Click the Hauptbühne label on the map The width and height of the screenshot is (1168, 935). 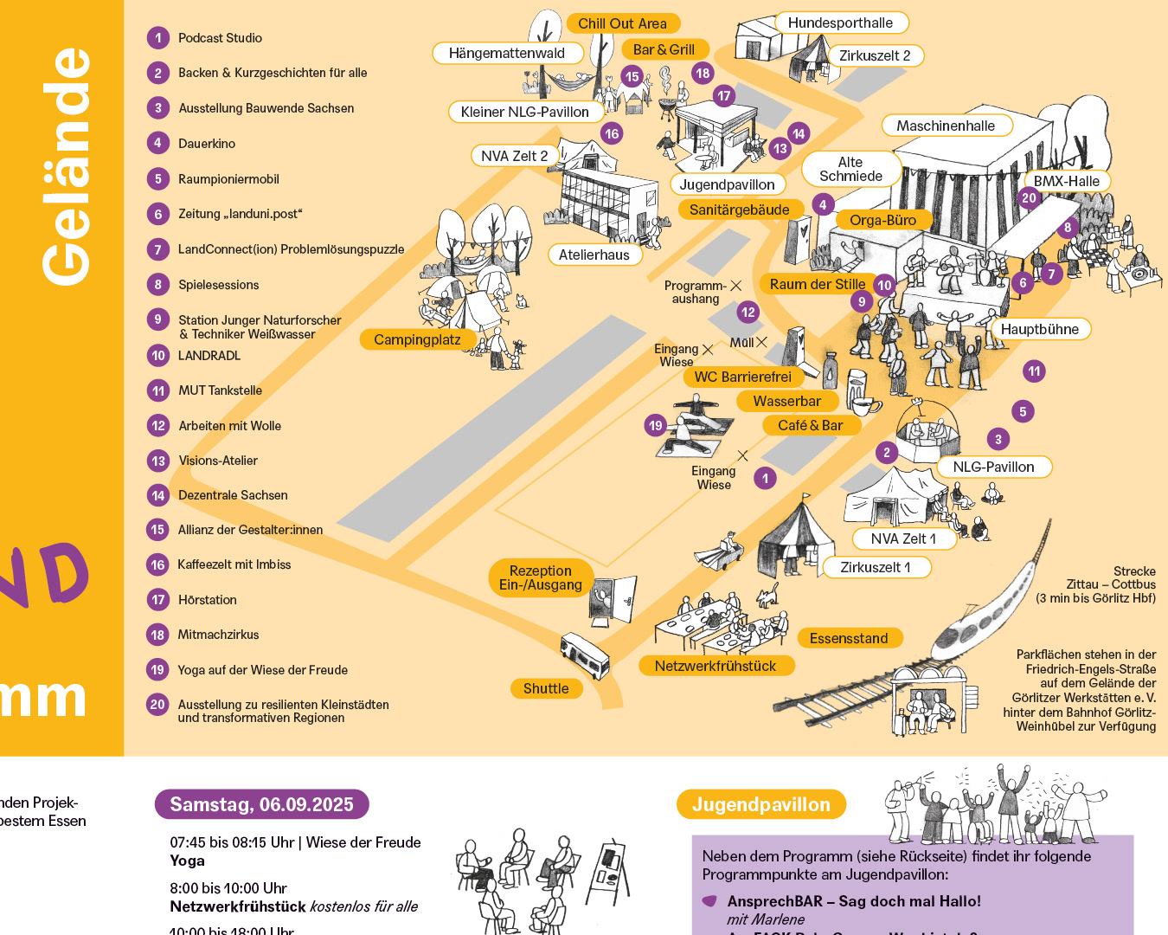(x=1039, y=329)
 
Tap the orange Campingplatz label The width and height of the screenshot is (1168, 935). (x=417, y=339)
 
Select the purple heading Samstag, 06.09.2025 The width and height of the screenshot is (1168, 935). (x=261, y=804)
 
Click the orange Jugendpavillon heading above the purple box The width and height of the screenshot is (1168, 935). (x=760, y=804)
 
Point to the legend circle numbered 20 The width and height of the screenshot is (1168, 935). (x=157, y=705)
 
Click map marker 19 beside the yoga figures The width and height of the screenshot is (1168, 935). (x=656, y=425)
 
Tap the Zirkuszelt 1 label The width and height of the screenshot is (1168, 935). (x=875, y=567)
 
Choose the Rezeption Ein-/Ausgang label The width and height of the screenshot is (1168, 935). (x=541, y=577)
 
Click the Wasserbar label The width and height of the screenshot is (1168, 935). (x=786, y=401)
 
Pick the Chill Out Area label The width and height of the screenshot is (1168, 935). (x=622, y=23)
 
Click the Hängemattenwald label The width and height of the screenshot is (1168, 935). (x=506, y=53)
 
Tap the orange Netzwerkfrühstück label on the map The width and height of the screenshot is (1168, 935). (x=715, y=666)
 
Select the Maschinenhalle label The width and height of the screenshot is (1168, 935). (x=946, y=126)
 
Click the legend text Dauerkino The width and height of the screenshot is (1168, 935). (x=207, y=144)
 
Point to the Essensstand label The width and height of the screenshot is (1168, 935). (x=848, y=638)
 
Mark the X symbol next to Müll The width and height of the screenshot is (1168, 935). (x=761, y=342)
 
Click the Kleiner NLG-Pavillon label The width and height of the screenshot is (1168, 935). (x=524, y=112)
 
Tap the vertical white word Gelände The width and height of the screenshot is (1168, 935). (x=66, y=166)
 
